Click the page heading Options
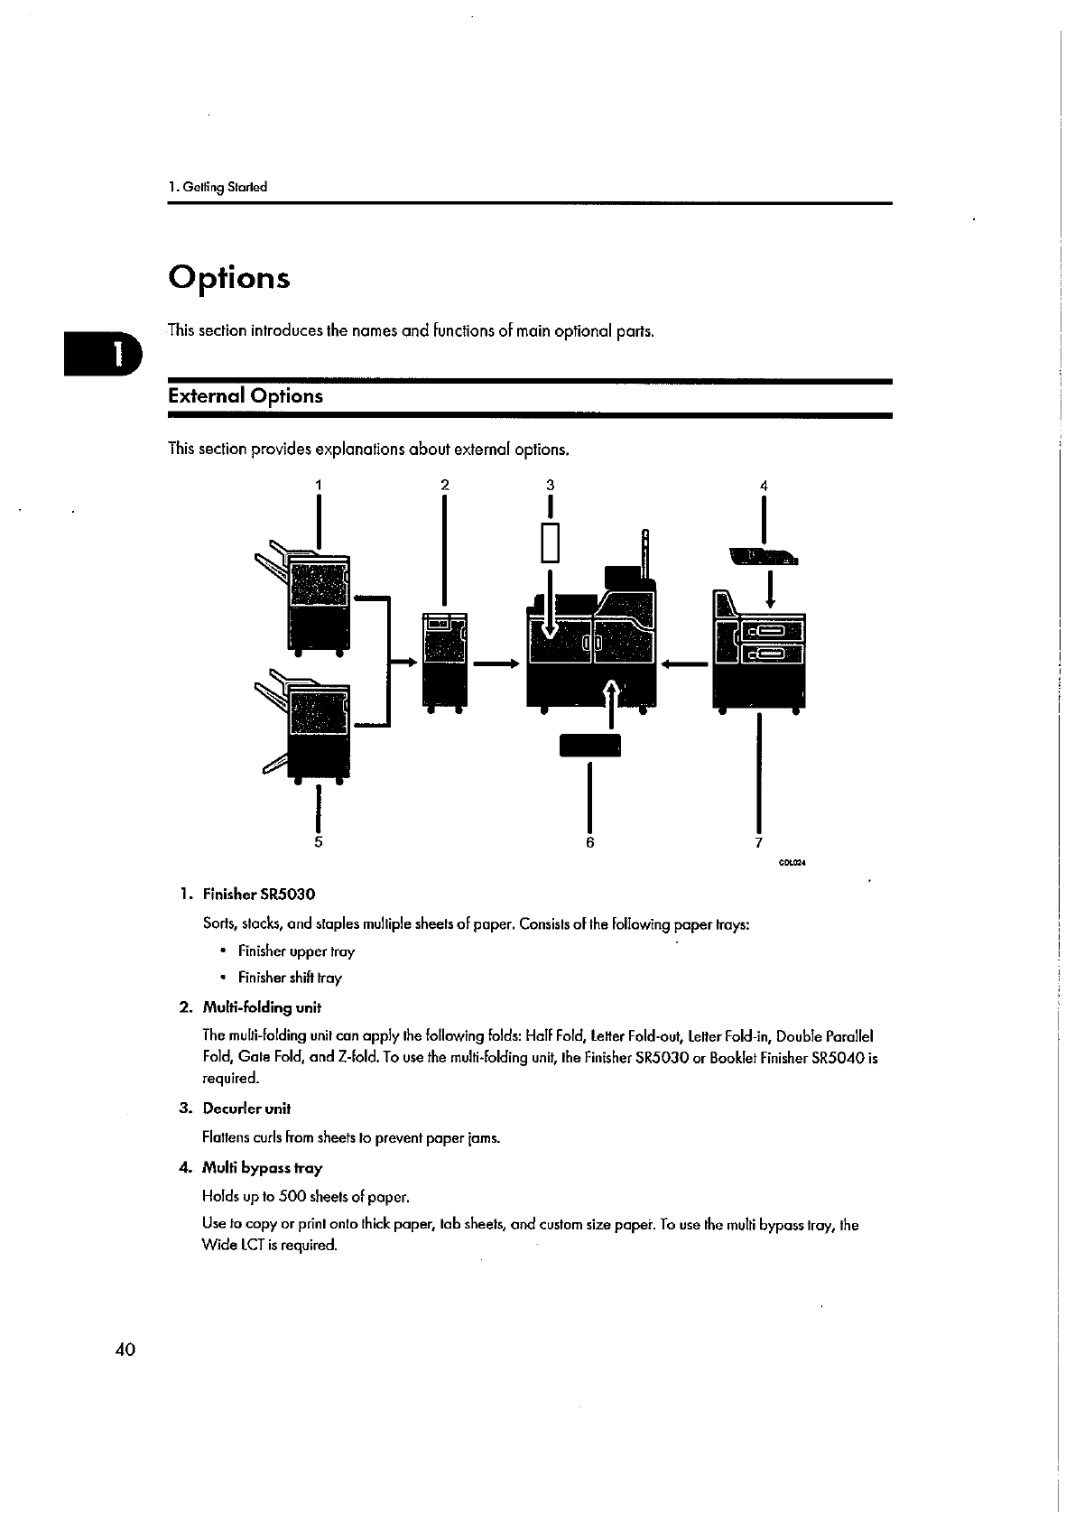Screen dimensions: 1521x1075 pos(229,277)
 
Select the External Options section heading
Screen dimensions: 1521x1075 pos(246,396)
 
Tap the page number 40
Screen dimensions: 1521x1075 pos(125,1349)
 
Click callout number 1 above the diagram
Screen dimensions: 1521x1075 pos(318,485)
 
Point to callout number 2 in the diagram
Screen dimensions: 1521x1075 pos(444,485)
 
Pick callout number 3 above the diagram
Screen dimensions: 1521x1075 pos(550,485)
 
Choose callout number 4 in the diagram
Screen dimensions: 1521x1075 pos(764,485)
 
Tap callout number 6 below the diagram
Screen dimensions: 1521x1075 pos(589,841)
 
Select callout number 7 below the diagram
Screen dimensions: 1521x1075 pos(758,841)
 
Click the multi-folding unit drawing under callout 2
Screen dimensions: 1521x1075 pos(445,659)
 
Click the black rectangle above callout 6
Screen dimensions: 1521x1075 pos(590,746)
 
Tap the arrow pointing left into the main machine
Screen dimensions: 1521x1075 pos(683,664)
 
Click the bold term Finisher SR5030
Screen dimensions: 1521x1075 pos(259,895)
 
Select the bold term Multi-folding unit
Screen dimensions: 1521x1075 pos(262,1006)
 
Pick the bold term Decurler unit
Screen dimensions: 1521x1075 pos(246,1108)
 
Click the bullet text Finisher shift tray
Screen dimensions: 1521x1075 pos(290,978)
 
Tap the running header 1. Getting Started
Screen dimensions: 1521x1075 pos(218,188)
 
